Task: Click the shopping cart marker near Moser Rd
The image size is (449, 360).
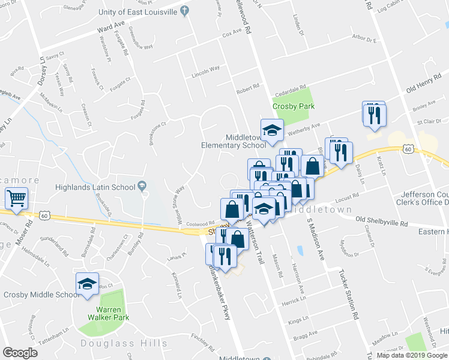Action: [x=16, y=197]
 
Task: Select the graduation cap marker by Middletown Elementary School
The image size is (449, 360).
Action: [x=271, y=130]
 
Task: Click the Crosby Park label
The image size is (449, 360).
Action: [x=293, y=106]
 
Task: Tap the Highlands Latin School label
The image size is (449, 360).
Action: [x=95, y=187]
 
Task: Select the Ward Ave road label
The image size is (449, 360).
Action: [x=112, y=28]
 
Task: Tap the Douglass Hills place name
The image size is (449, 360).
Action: [x=124, y=343]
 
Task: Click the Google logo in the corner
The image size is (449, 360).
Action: [x=20, y=352]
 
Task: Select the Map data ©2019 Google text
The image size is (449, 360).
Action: [x=412, y=355]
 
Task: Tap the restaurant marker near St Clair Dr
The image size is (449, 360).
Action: [x=375, y=113]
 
